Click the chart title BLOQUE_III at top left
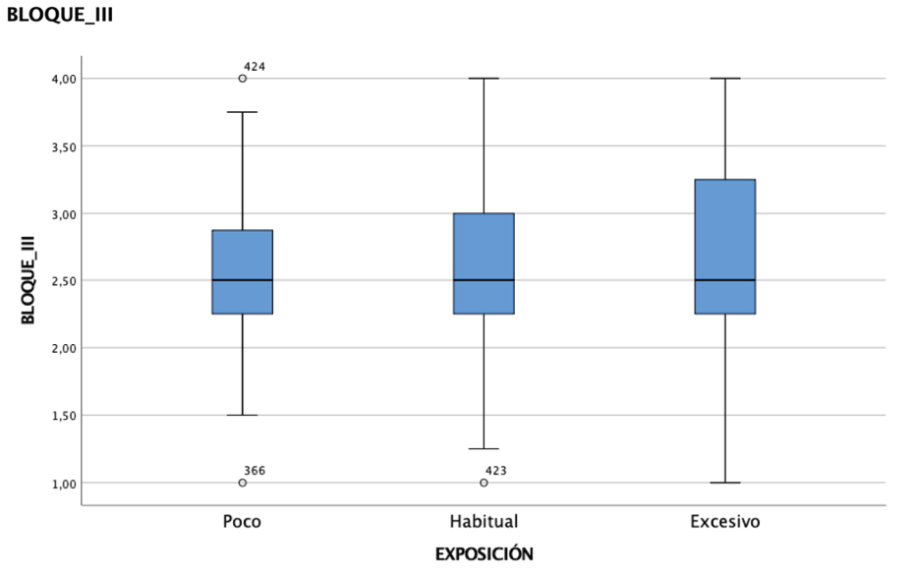[x=59, y=15]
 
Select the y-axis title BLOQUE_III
[x=28, y=280]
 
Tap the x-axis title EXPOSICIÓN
[x=484, y=553]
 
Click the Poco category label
[x=242, y=521]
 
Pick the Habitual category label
[x=484, y=521]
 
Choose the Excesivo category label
[x=725, y=521]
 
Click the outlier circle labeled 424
[x=242, y=79]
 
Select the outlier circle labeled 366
[x=242, y=483]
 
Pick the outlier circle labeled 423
[x=484, y=483]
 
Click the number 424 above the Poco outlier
[x=255, y=67]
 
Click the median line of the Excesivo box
[x=725, y=280]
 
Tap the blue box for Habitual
[x=484, y=263]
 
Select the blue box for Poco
[x=242, y=272]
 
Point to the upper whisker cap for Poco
[x=242, y=112]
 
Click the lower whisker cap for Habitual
[x=484, y=449]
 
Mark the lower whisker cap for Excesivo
[x=725, y=483]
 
